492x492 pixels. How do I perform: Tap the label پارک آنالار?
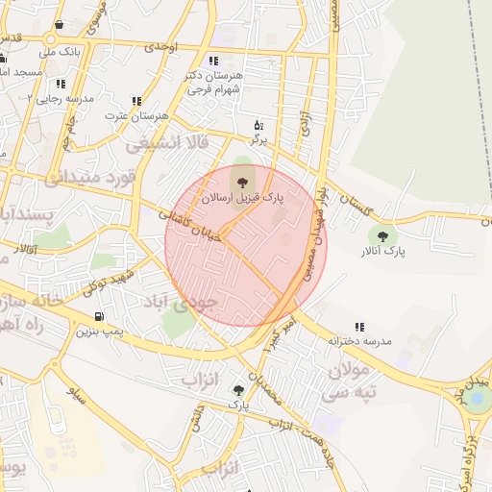(x=383, y=251)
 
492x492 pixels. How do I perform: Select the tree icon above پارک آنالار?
(x=383, y=235)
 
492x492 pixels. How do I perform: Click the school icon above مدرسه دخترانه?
(x=359, y=327)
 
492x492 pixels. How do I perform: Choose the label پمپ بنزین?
(x=99, y=332)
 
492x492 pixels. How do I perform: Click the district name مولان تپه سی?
(x=351, y=381)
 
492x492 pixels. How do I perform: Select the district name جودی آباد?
(x=182, y=301)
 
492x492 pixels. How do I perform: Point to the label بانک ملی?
(x=59, y=52)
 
